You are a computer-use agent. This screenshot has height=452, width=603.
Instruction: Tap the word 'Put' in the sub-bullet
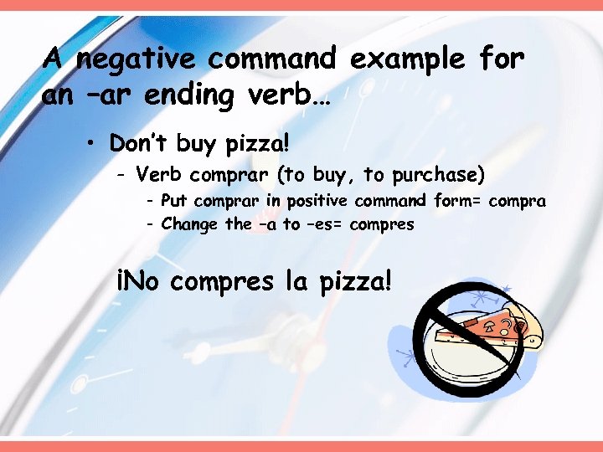173,201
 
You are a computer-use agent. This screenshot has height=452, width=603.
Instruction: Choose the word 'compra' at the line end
519,202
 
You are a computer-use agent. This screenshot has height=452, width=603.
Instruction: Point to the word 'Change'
190,224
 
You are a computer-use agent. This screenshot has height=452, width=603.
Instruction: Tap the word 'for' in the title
502,59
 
